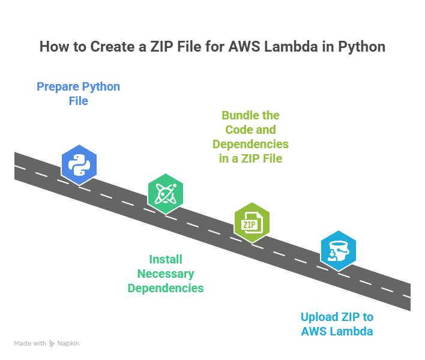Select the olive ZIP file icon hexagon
[x=252, y=223]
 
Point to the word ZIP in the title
[x=152, y=47]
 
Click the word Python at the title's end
[x=362, y=47]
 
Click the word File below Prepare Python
[x=78, y=101]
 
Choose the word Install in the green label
[x=165, y=259]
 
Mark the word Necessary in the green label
[x=165, y=274]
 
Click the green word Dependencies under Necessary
[x=165, y=288]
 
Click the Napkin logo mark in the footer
[x=52, y=344]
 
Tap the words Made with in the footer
[x=30, y=344]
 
